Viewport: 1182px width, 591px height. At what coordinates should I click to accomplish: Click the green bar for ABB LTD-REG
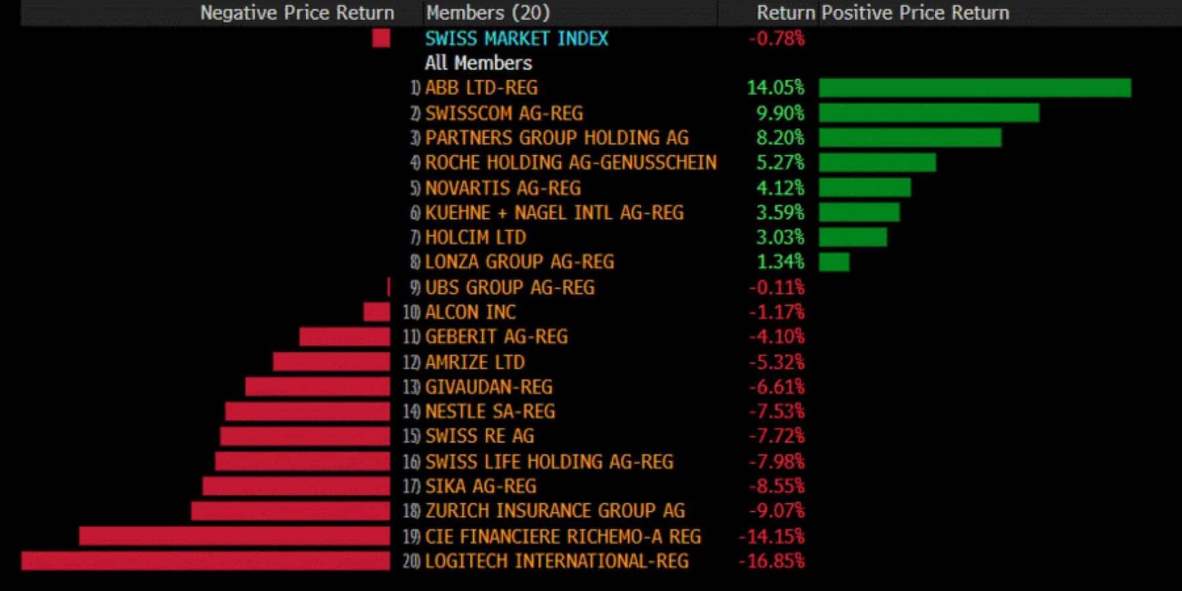pyautogui.click(x=974, y=87)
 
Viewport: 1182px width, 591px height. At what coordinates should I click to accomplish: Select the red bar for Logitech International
pyautogui.click(x=206, y=561)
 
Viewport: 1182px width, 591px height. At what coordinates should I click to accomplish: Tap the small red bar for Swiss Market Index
pyautogui.click(x=381, y=39)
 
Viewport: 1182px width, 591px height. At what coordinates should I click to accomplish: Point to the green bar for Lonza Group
pyautogui.click(x=834, y=262)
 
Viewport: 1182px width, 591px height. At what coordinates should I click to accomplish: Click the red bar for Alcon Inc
pyautogui.click(x=377, y=312)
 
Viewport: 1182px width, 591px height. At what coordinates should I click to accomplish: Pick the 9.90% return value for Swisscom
pyautogui.click(x=780, y=113)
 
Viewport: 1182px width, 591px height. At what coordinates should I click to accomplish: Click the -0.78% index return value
pyautogui.click(x=776, y=39)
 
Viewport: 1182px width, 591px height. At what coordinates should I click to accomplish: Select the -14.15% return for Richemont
pyautogui.click(x=771, y=536)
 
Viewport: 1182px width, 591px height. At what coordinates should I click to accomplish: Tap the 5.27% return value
pyautogui.click(x=780, y=162)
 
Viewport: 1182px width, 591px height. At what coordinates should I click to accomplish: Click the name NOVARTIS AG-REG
pyautogui.click(x=503, y=188)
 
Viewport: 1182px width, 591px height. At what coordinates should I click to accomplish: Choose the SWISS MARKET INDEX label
pyautogui.click(x=516, y=39)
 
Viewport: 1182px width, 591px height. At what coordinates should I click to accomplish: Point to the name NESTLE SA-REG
pyautogui.click(x=489, y=411)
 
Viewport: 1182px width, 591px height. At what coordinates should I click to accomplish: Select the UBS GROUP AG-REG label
pyautogui.click(x=510, y=287)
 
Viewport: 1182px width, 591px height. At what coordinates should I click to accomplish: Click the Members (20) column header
pyautogui.click(x=487, y=13)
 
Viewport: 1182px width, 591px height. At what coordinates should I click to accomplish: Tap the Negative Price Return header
pyautogui.click(x=297, y=13)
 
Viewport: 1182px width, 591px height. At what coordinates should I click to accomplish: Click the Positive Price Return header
pyautogui.click(x=915, y=13)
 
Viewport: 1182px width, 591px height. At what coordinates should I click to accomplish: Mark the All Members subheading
pyautogui.click(x=478, y=63)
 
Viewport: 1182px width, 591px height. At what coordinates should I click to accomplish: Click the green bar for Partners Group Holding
pyautogui.click(x=910, y=138)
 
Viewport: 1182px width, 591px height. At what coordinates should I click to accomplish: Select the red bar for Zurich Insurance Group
pyautogui.click(x=290, y=511)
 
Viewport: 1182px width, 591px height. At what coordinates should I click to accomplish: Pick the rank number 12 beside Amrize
pyautogui.click(x=411, y=363)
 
